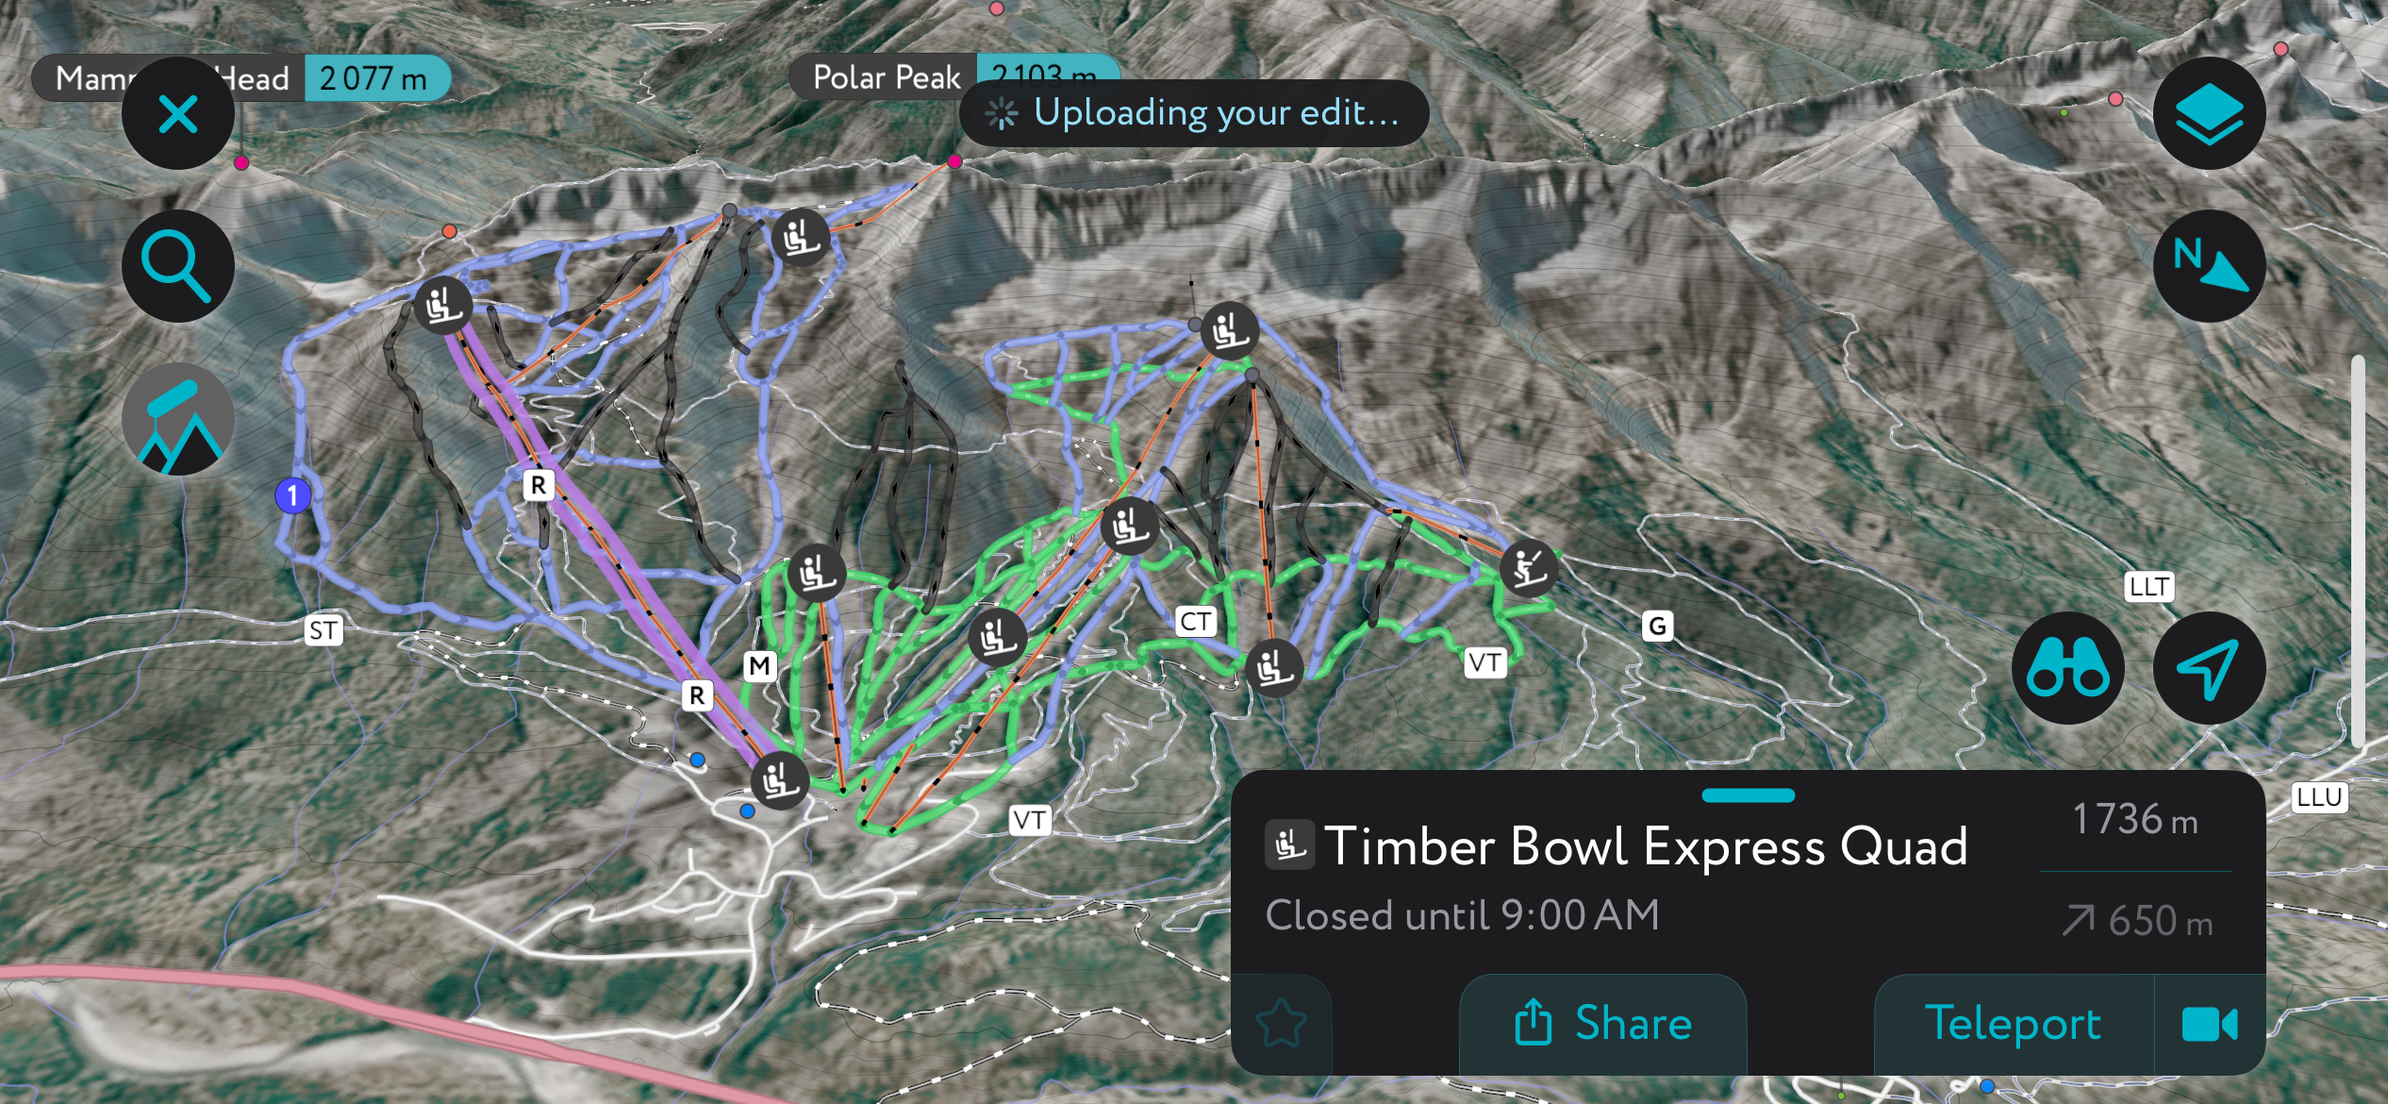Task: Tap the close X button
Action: [x=177, y=114]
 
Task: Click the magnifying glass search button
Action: [x=177, y=267]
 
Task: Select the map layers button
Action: [x=2208, y=114]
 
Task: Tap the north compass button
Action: [x=2208, y=267]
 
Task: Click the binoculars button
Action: [x=2067, y=668]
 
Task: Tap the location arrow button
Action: [x=2208, y=668]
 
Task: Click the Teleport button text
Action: [x=2013, y=1024]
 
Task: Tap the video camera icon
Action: [x=2209, y=1024]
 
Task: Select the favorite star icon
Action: [x=1282, y=1024]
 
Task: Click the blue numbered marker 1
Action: [x=292, y=495]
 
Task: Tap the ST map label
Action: [x=323, y=630]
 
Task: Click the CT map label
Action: [x=1196, y=622]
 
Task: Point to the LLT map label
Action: [x=2149, y=587]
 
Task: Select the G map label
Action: [x=1657, y=626]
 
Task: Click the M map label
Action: [x=759, y=666]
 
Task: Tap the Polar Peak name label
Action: [x=885, y=77]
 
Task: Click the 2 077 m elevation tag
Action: [x=373, y=78]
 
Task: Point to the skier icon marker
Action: [x=1528, y=568]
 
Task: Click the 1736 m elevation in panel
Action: [x=2134, y=820]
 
